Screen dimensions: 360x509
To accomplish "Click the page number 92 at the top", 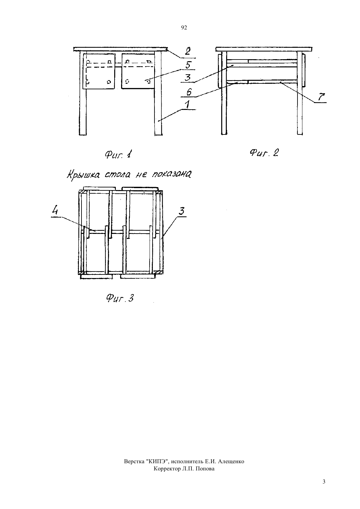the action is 184,28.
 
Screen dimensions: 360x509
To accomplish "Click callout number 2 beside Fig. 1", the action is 188,51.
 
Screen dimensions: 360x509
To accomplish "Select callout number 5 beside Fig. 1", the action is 189,65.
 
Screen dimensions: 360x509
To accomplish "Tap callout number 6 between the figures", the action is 189,92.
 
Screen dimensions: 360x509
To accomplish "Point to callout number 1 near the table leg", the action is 188,105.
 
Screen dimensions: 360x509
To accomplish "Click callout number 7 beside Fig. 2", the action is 321,97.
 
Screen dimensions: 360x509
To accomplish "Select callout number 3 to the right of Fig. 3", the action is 181,211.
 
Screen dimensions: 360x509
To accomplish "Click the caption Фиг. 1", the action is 118,155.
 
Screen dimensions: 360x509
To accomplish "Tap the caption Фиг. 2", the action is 264,153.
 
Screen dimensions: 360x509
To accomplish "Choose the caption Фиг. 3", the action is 120,298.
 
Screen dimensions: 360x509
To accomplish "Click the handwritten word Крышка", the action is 83,175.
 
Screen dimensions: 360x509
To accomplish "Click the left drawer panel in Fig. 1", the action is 99,71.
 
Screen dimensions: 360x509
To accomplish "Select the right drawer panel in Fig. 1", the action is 138,71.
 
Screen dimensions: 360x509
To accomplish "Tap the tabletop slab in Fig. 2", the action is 264,49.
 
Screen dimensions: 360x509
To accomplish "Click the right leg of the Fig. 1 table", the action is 158,93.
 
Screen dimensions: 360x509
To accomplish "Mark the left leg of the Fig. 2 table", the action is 224,93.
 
